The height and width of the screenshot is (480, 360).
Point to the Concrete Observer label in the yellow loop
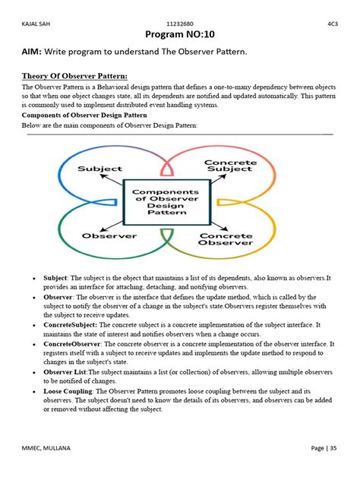226,241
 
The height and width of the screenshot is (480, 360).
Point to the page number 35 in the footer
332,447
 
